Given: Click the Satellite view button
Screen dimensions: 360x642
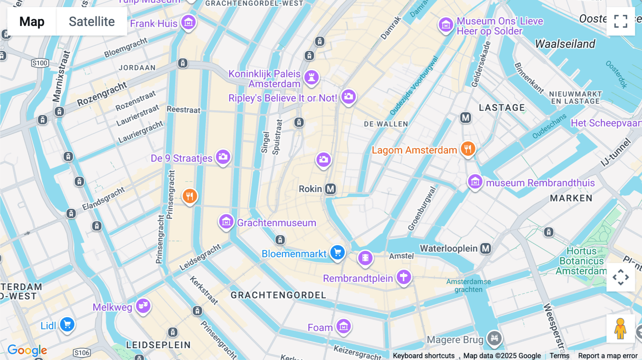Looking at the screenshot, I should coord(92,21).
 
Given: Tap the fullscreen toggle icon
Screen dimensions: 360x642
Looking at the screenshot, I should coord(621,21).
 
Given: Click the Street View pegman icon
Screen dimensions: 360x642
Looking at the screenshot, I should coord(620,329).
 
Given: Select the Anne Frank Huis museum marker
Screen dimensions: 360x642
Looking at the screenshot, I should coord(188,22).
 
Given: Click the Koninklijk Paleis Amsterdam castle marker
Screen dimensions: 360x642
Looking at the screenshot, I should coord(311,77).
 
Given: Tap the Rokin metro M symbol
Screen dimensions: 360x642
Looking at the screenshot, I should coord(331,189).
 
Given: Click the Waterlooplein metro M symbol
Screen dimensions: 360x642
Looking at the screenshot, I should coord(485,248).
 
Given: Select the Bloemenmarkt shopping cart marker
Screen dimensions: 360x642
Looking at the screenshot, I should coord(337,253).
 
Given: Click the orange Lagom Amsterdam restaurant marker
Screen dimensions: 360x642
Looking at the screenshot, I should coord(468,149).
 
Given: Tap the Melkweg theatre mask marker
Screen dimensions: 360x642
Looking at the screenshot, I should coord(143,305).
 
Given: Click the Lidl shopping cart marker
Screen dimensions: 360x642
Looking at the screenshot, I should coord(67,324).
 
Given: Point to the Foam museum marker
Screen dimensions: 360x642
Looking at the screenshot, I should coord(343,326).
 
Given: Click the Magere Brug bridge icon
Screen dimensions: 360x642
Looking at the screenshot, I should coord(494,337).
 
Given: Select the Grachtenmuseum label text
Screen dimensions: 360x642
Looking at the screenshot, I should coord(276,223).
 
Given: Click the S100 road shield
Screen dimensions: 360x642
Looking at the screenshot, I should coord(40,63).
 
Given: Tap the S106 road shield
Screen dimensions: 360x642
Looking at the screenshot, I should coord(81,353).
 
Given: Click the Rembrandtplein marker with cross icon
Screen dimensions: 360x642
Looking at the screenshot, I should coord(403,277).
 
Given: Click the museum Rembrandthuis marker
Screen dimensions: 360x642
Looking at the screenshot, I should coord(475,182).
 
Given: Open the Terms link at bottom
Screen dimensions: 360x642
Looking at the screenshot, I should coord(559,356).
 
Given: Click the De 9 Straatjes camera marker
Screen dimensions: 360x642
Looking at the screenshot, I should coord(223,156).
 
